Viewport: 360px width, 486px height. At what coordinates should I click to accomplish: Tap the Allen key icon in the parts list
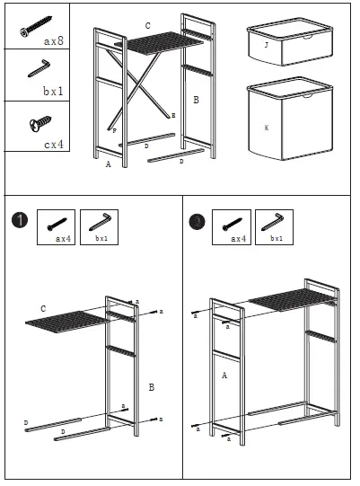click(x=38, y=67)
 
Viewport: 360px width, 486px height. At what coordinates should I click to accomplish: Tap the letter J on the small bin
click(x=267, y=43)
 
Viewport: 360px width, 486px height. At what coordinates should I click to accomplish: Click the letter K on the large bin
click(x=266, y=128)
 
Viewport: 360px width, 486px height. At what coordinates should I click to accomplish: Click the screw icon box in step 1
click(x=56, y=228)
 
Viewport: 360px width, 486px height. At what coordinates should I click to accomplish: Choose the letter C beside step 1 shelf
click(x=43, y=309)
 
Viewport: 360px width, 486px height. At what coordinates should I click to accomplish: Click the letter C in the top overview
click(x=148, y=26)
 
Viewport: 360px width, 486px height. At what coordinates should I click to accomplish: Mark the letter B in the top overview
click(x=196, y=99)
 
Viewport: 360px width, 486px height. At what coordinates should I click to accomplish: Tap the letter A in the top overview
click(x=108, y=165)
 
